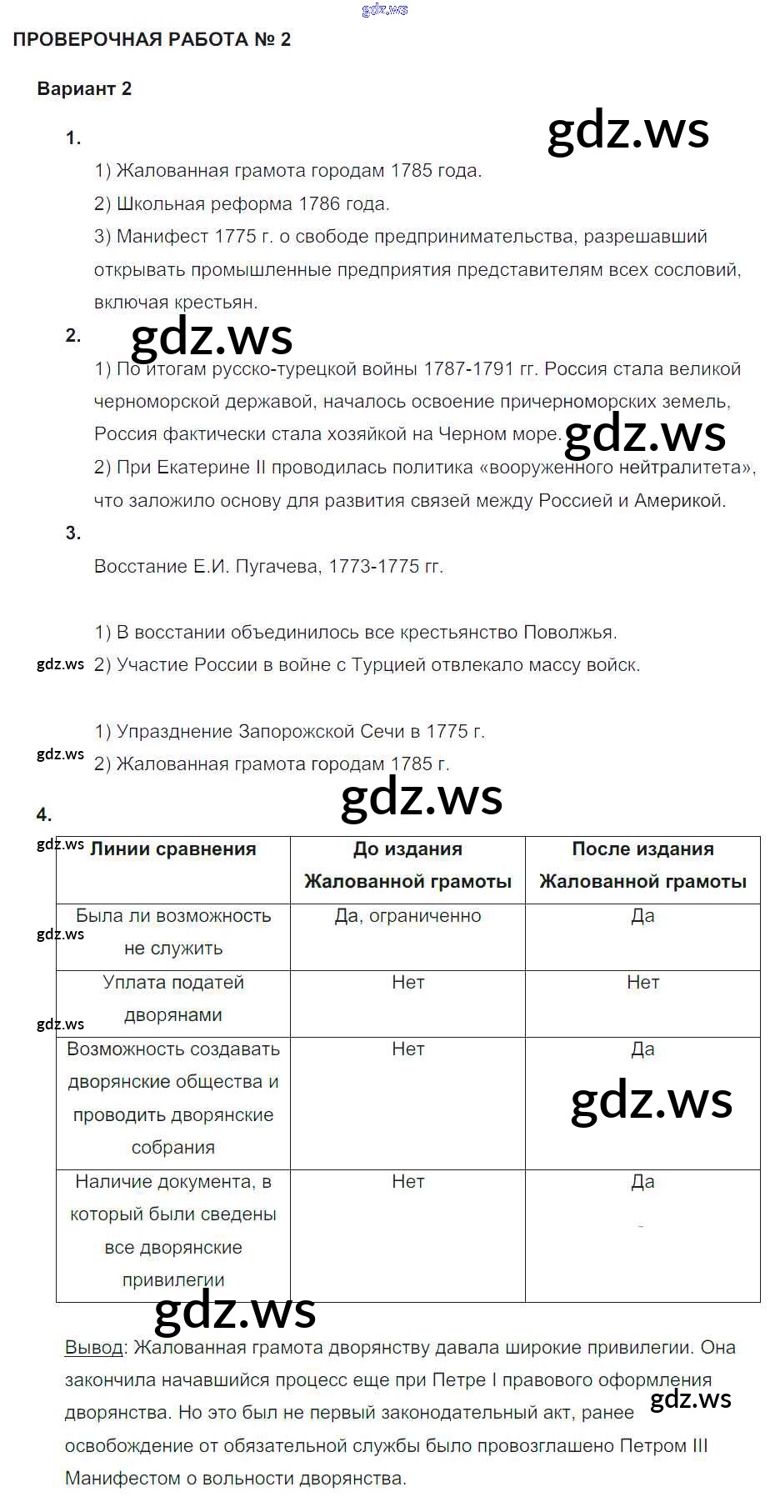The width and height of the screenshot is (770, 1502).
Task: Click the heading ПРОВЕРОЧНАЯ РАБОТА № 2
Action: [x=152, y=39]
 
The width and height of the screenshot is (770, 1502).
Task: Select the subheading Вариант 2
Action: [x=84, y=88]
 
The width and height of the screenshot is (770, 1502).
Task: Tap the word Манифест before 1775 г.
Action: [x=162, y=236]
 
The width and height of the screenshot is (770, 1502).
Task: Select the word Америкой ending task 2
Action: [x=680, y=500]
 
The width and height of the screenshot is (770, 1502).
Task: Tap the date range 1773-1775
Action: [x=374, y=566]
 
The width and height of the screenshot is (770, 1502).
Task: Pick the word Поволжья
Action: [x=570, y=632]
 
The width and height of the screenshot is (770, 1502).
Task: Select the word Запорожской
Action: [x=296, y=731]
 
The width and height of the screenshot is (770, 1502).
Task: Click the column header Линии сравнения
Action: [x=172, y=849]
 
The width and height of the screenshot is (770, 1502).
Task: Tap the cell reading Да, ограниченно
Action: [x=407, y=915]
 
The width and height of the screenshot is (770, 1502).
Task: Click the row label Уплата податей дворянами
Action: [x=173, y=999]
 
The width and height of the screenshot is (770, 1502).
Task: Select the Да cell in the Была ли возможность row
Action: [x=642, y=915]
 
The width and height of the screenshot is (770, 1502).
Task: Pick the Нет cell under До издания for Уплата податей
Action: [x=407, y=982]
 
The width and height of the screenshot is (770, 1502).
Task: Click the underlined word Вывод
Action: [x=93, y=1347]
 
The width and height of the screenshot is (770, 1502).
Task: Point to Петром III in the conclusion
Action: [x=664, y=1445]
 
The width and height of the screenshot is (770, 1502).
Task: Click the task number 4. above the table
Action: [x=44, y=814]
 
